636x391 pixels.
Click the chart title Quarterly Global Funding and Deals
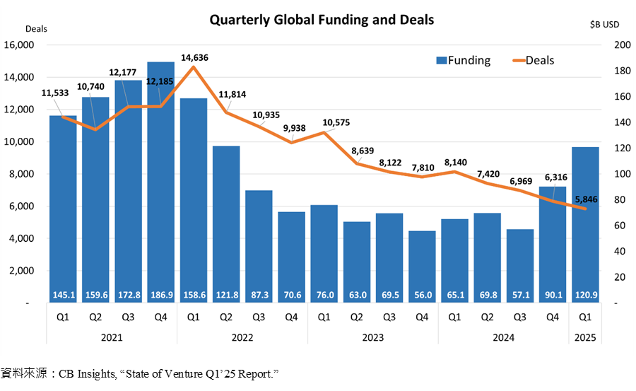[322, 20]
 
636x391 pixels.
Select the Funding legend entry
[463, 60]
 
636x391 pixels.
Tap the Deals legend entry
[534, 60]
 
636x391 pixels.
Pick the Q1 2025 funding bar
[584, 219]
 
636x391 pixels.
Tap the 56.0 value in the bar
[422, 295]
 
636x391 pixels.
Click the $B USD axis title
[604, 24]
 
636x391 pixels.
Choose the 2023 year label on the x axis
[372, 337]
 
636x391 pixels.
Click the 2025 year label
[585, 337]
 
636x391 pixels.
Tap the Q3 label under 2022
[259, 317]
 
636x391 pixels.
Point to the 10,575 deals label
[336, 122]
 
